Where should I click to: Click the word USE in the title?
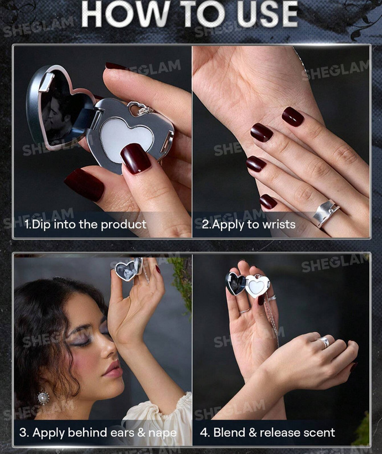click(x=267, y=14)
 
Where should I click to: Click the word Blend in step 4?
click(x=229, y=432)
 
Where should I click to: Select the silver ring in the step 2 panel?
click(x=326, y=213)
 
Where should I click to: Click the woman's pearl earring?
click(x=43, y=398)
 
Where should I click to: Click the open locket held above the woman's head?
click(x=127, y=269)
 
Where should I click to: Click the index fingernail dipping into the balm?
click(x=136, y=158)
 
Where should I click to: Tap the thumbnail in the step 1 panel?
click(x=84, y=185)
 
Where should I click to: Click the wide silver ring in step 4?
click(x=324, y=342)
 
